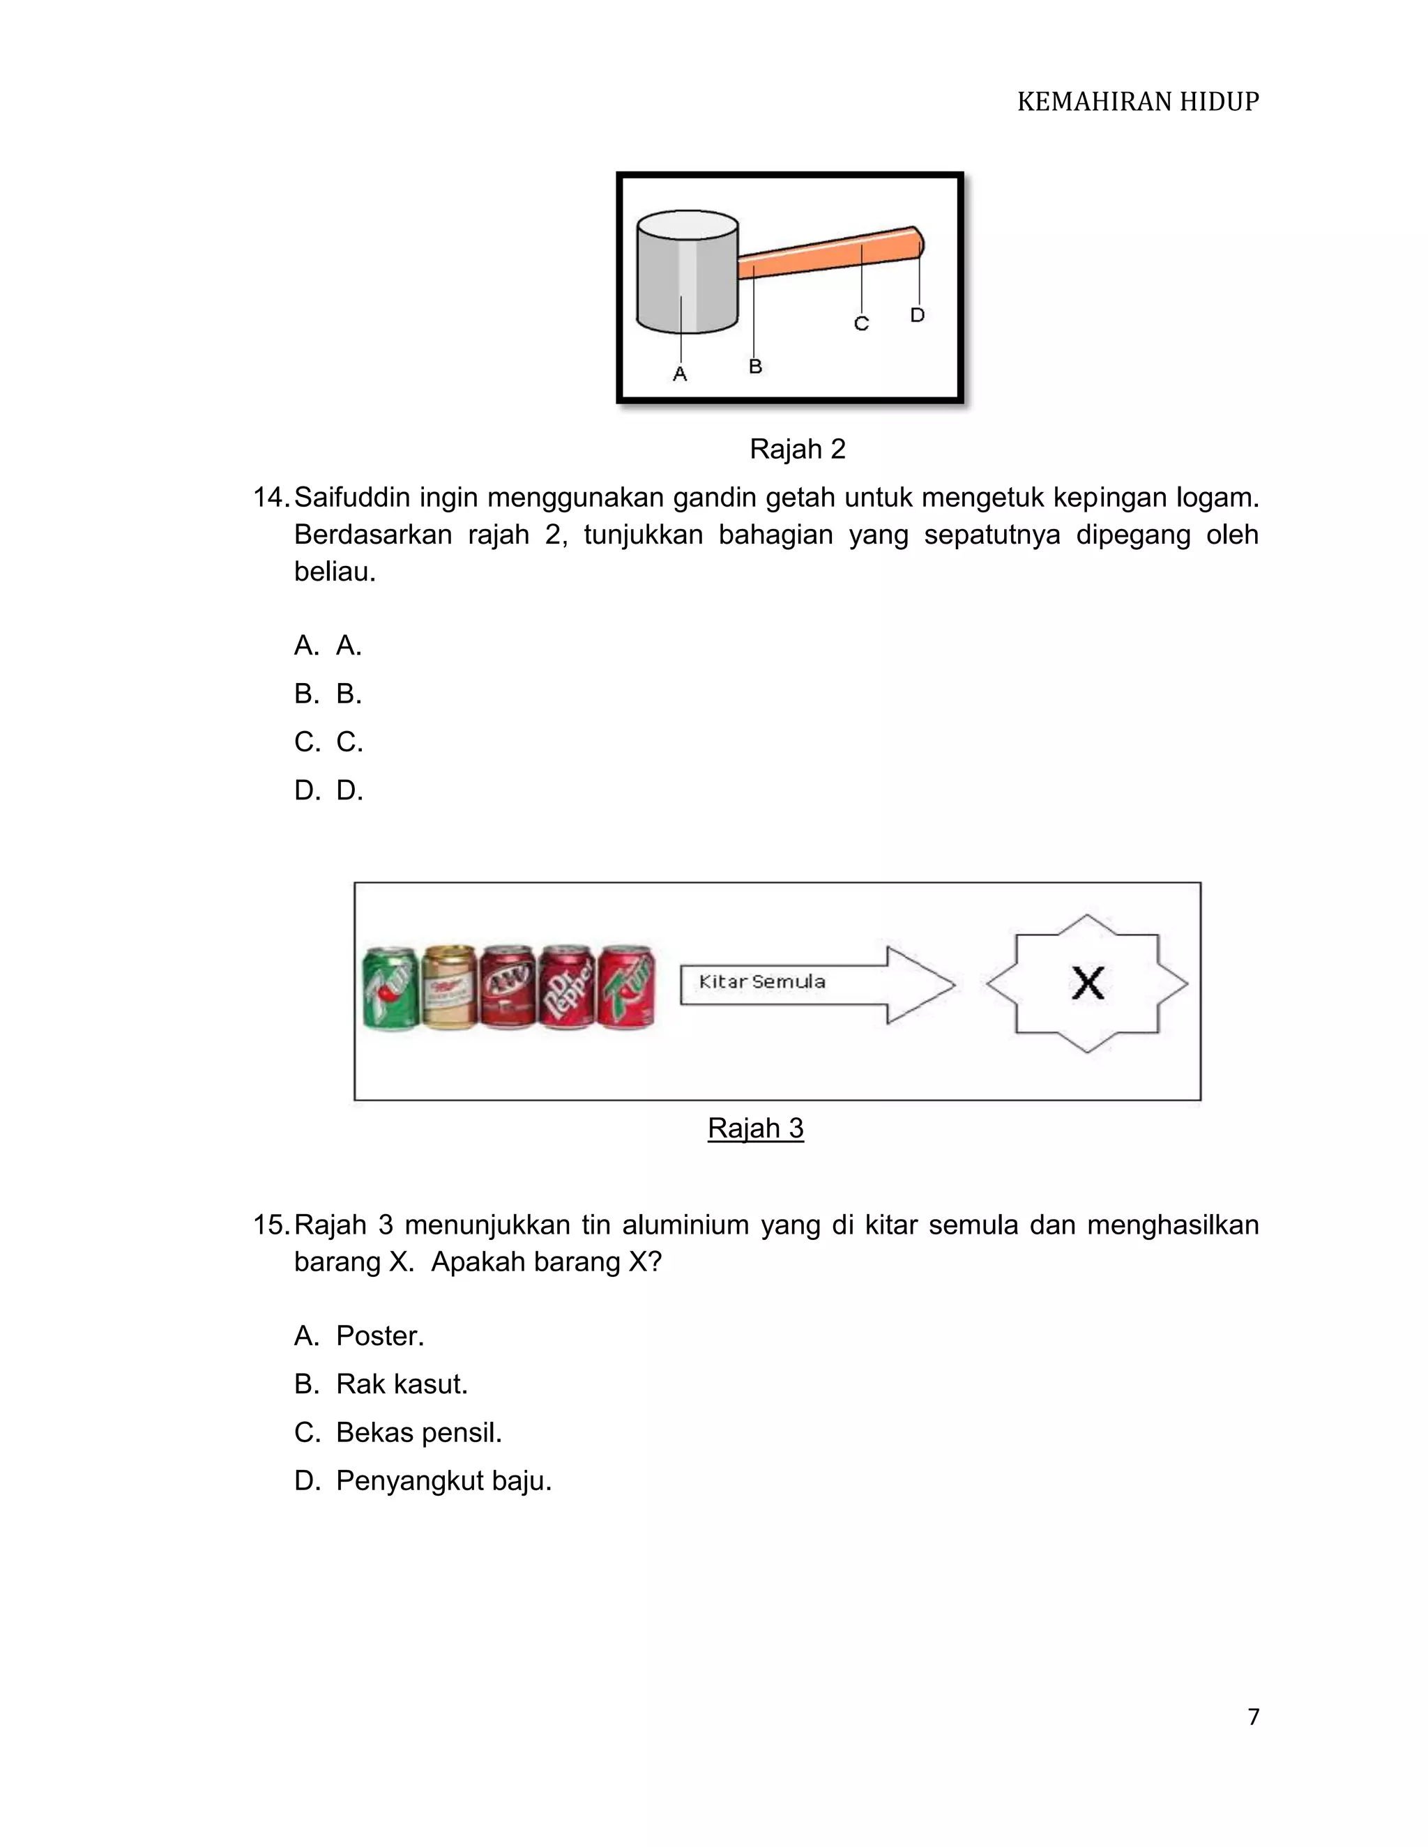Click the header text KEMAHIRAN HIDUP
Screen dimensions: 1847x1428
click(1137, 102)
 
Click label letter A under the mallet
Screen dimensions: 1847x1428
click(679, 374)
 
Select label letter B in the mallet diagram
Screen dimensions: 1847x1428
click(755, 366)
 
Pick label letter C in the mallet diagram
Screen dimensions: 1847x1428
click(861, 323)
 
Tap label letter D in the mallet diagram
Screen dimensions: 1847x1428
click(917, 314)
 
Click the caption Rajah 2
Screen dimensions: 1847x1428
click(797, 449)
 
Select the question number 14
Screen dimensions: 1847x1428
click(271, 497)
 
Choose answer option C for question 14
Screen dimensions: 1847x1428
click(329, 742)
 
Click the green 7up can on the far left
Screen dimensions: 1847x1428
click(390, 988)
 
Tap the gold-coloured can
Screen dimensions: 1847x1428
click(449, 987)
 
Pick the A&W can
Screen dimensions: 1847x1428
click(508, 987)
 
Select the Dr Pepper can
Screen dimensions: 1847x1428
click(566, 987)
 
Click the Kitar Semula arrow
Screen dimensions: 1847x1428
click(816, 984)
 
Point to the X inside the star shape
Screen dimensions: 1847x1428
click(1087, 983)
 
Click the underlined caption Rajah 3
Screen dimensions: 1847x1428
click(755, 1128)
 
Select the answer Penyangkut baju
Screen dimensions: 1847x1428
click(423, 1481)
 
